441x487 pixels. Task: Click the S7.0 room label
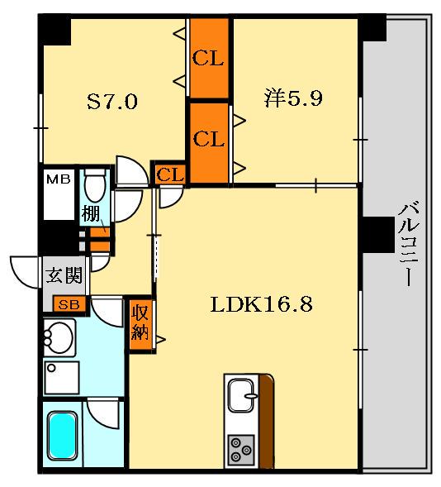(112, 102)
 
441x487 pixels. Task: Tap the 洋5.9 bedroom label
(293, 98)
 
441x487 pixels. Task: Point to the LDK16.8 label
(262, 304)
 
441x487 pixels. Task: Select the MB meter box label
(59, 179)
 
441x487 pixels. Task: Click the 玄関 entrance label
(64, 275)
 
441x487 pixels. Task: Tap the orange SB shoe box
(69, 304)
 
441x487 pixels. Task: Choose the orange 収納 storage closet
(141, 325)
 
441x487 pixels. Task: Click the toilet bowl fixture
(96, 185)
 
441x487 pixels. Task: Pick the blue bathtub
(62, 436)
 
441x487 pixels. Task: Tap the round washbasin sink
(59, 337)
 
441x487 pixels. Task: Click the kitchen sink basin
(241, 396)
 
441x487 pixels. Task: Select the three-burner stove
(241, 450)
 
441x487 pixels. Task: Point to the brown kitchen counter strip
(267, 421)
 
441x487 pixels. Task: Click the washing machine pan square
(61, 378)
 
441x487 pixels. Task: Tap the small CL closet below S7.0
(170, 174)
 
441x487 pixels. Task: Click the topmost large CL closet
(209, 58)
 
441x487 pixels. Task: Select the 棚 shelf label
(90, 214)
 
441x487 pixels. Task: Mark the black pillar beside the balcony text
(377, 235)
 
